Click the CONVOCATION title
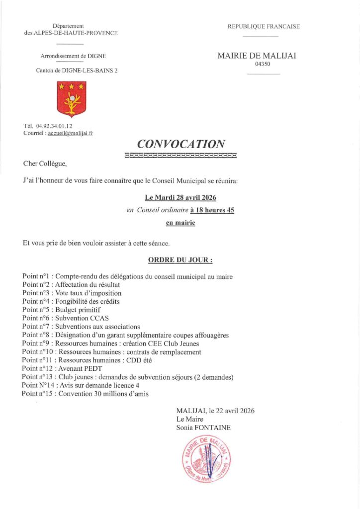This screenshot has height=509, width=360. tap(180, 144)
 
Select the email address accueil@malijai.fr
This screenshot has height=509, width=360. tap(71, 133)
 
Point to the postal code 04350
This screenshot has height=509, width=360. tap(263, 64)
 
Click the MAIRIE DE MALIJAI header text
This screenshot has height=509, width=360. tap(257, 56)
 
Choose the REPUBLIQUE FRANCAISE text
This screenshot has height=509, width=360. tap(264, 26)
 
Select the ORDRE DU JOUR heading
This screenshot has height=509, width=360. tap(180, 259)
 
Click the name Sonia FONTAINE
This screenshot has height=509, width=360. tap(203, 427)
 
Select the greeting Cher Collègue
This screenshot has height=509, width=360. tap(44, 163)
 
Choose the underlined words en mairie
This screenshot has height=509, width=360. tap(180, 223)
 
